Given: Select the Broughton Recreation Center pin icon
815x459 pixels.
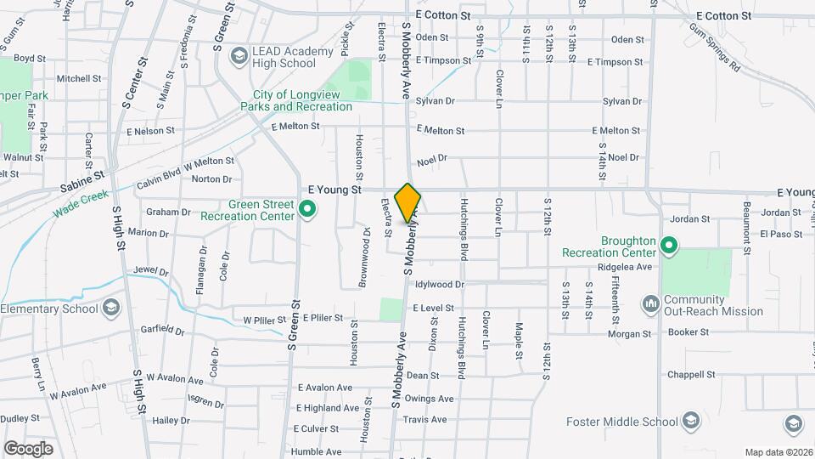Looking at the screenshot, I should [669, 247].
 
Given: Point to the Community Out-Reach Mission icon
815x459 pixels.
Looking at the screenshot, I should [651, 303].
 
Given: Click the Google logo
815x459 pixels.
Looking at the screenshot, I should [28, 448].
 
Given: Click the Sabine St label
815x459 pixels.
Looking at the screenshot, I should [82, 179].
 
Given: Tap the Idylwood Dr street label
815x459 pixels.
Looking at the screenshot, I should [439, 284].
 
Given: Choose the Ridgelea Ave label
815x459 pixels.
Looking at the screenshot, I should [624, 266].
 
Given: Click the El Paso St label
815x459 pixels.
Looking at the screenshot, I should [781, 233].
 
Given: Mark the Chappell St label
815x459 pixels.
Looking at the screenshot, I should [692, 374].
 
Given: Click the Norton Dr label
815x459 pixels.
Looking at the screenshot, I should [211, 179].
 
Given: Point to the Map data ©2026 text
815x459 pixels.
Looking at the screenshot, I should [779, 452].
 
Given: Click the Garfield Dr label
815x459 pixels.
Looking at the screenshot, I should [163, 329].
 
